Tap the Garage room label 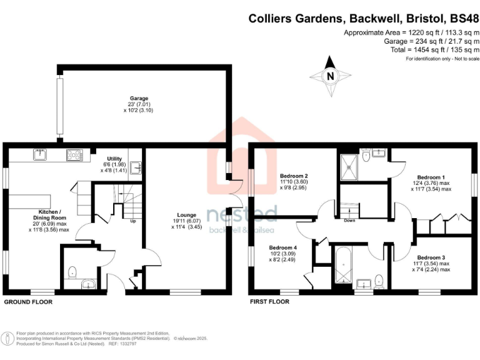pyautogui.click(x=139, y=99)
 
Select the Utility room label pyautogui.click(x=114, y=159)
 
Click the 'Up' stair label pyautogui.click(x=132, y=221)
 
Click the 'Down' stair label pyautogui.click(x=350, y=220)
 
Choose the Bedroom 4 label pyautogui.click(x=282, y=247)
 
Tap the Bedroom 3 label pyautogui.click(x=431, y=257)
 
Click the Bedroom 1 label pyautogui.click(x=431, y=176)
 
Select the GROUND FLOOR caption pyautogui.click(x=28, y=302)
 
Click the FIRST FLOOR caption pyautogui.click(x=269, y=302)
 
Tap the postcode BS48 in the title pyautogui.click(x=463, y=19)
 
